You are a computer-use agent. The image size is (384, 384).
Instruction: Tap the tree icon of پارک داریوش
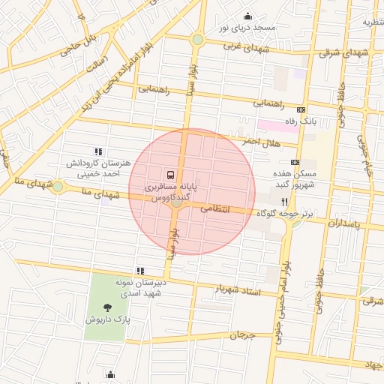[107, 307]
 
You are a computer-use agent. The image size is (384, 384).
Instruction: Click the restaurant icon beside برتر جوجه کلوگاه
[284, 202]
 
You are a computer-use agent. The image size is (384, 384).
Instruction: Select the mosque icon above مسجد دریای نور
[247, 16]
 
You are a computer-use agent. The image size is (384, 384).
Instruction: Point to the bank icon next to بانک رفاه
[301, 109]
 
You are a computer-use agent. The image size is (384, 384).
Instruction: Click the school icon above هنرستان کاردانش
[97, 151]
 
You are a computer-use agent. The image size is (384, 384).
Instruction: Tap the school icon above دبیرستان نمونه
[139, 271]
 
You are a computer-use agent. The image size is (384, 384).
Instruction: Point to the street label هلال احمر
[260, 142]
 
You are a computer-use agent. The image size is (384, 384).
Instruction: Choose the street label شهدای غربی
[247, 47]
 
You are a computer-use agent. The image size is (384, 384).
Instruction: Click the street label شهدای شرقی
[340, 53]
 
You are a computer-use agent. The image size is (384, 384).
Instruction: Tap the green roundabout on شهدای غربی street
[197, 39]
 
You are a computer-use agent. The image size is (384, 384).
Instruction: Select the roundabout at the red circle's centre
[178, 201]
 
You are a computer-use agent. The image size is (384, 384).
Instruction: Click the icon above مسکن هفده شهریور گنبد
[294, 161]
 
